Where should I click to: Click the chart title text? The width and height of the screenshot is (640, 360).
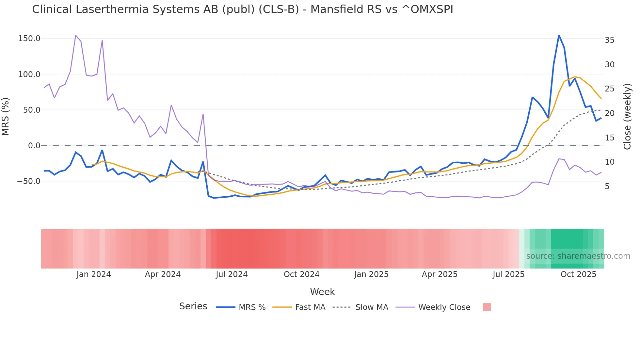(242, 9)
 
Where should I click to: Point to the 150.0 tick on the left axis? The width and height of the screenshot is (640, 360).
(29, 39)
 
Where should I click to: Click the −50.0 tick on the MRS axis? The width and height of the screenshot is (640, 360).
(29, 181)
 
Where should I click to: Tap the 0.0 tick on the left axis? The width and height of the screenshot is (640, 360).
(34, 146)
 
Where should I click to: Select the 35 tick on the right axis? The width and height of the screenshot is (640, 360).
(609, 40)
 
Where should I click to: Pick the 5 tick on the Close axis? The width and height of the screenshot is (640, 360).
(607, 187)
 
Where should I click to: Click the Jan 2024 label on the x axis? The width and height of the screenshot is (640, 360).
(94, 274)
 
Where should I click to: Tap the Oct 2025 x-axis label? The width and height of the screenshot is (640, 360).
(578, 274)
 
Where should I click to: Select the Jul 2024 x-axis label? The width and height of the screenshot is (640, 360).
(232, 274)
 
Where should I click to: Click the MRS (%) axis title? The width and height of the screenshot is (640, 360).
(6, 117)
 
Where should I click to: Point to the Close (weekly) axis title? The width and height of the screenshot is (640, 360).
(627, 117)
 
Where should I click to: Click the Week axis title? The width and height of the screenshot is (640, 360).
(322, 292)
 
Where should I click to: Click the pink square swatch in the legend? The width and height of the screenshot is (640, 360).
(487, 307)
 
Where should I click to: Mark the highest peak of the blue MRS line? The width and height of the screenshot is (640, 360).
(559, 35)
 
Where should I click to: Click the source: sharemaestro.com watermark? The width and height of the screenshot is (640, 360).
(578, 256)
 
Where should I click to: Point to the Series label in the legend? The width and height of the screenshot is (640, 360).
(193, 306)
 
